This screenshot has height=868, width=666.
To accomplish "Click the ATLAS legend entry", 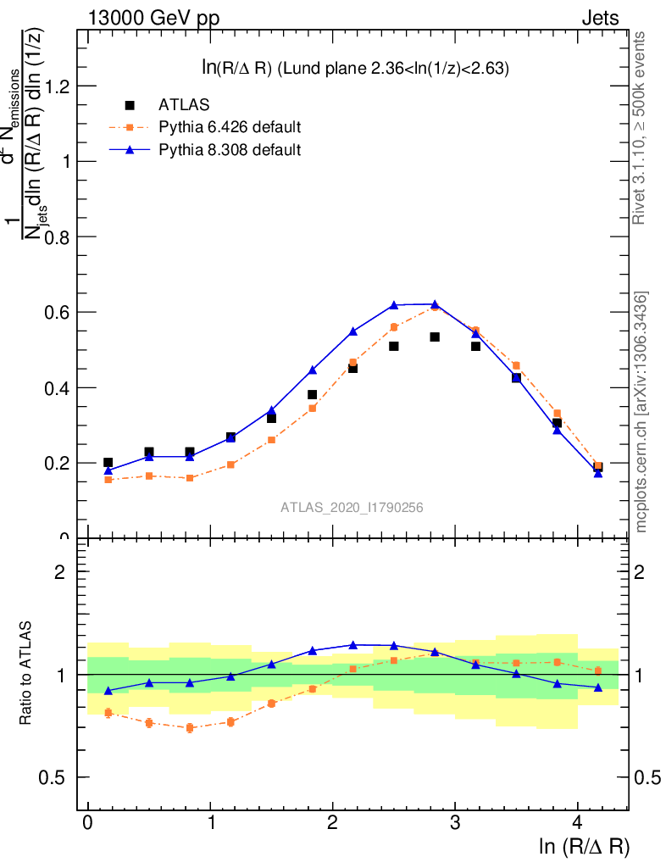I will tap(184, 105).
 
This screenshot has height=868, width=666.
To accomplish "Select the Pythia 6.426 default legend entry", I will tap(230, 128).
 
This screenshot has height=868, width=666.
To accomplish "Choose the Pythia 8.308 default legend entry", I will tap(230, 150).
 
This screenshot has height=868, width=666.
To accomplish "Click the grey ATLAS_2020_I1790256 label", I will tap(352, 507).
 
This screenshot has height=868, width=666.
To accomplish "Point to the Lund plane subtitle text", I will tap(348, 70).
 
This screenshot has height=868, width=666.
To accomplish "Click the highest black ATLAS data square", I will tap(435, 337).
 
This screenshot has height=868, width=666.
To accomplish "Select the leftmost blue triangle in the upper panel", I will tap(108, 470).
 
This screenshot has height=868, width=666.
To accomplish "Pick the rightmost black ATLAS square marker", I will tap(597, 466).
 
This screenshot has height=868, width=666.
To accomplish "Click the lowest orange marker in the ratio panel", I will tap(190, 727).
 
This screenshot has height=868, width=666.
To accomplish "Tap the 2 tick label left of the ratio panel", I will tap(60, 571).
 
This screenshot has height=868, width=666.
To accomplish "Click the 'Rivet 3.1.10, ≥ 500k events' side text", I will tap(640, 128).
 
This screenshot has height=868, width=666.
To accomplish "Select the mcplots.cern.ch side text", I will tap(641, 412).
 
